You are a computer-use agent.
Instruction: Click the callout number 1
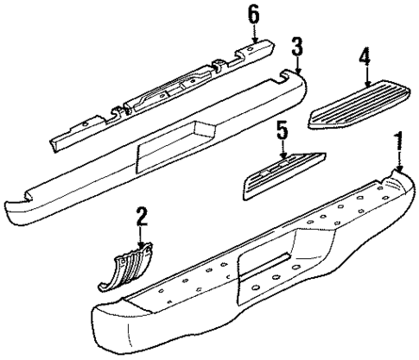(x=398, y=141)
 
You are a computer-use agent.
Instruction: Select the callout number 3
(x=296, y=47)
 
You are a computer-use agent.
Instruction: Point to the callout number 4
(x=364, y=59)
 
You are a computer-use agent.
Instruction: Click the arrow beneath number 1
(x=398, y=161)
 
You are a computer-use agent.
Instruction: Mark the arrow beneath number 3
(x=296, y=66)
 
